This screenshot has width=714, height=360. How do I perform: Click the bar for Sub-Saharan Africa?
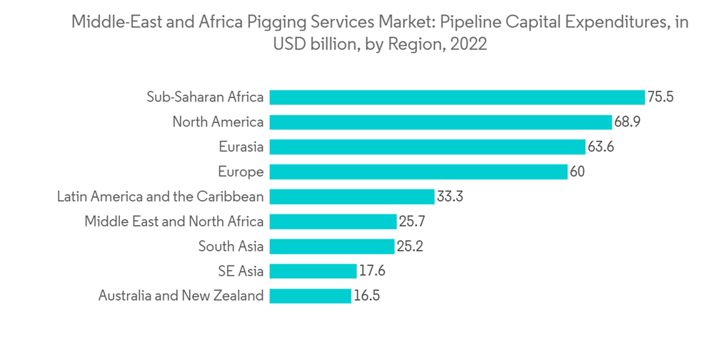pos(457,97)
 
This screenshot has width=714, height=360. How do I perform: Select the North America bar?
pos(441,122)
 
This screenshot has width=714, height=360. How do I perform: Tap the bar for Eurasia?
pos(427,147)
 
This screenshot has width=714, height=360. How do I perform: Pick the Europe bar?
pos(418,172)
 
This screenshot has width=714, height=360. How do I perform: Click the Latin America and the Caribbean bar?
pos(352,196)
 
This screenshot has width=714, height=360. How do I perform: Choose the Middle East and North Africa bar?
pos(333,221)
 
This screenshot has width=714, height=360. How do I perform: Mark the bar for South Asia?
pos(332,246)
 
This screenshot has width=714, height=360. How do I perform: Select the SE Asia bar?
pos(313,271)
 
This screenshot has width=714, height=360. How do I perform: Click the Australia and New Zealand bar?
pos(311,296)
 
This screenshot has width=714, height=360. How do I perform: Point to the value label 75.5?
pos(660,97)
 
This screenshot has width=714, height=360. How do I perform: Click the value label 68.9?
pos(627,122)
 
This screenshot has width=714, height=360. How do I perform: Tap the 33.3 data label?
pos(450,196)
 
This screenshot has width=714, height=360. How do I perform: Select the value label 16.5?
pos(366,296)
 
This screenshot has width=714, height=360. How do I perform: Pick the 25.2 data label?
pos(410,246)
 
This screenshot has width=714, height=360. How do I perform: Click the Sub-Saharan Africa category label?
pos(205,97)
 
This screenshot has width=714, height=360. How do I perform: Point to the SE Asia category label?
pos(241,271)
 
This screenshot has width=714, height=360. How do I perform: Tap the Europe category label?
pos(241,172)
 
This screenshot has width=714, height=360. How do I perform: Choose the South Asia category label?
pos(231,246)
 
